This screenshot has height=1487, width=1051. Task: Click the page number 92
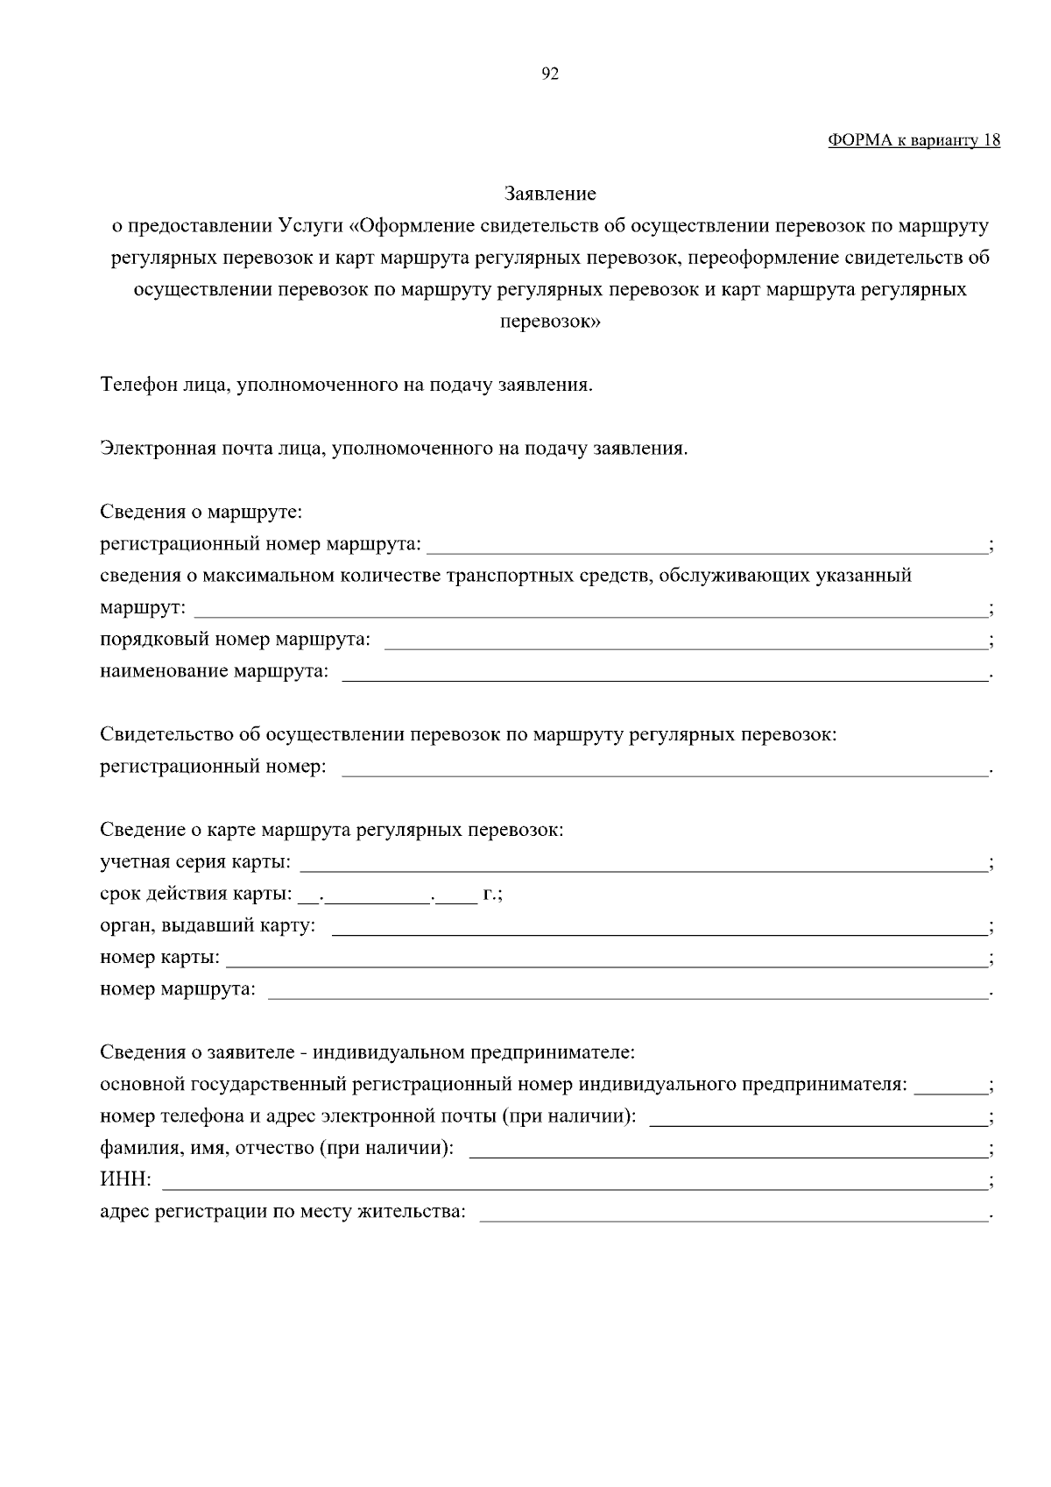550,74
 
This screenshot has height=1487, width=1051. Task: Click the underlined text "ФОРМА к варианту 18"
913,140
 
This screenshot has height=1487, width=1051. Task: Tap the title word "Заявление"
550,193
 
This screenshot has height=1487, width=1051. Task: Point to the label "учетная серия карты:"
196,862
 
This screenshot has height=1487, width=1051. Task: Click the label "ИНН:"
126,1181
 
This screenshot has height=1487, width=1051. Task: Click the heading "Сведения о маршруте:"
201,512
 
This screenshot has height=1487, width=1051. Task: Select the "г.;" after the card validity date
491,895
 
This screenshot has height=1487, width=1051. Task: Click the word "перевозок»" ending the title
550,322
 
